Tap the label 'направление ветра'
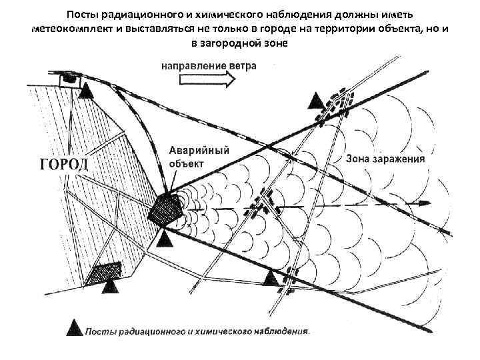[208, 66]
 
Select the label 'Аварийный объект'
[199, 155]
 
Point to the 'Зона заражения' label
[386, 160]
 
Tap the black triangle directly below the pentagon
[165, 238]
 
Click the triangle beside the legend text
[76, 330]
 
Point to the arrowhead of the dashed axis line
[421, 203]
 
